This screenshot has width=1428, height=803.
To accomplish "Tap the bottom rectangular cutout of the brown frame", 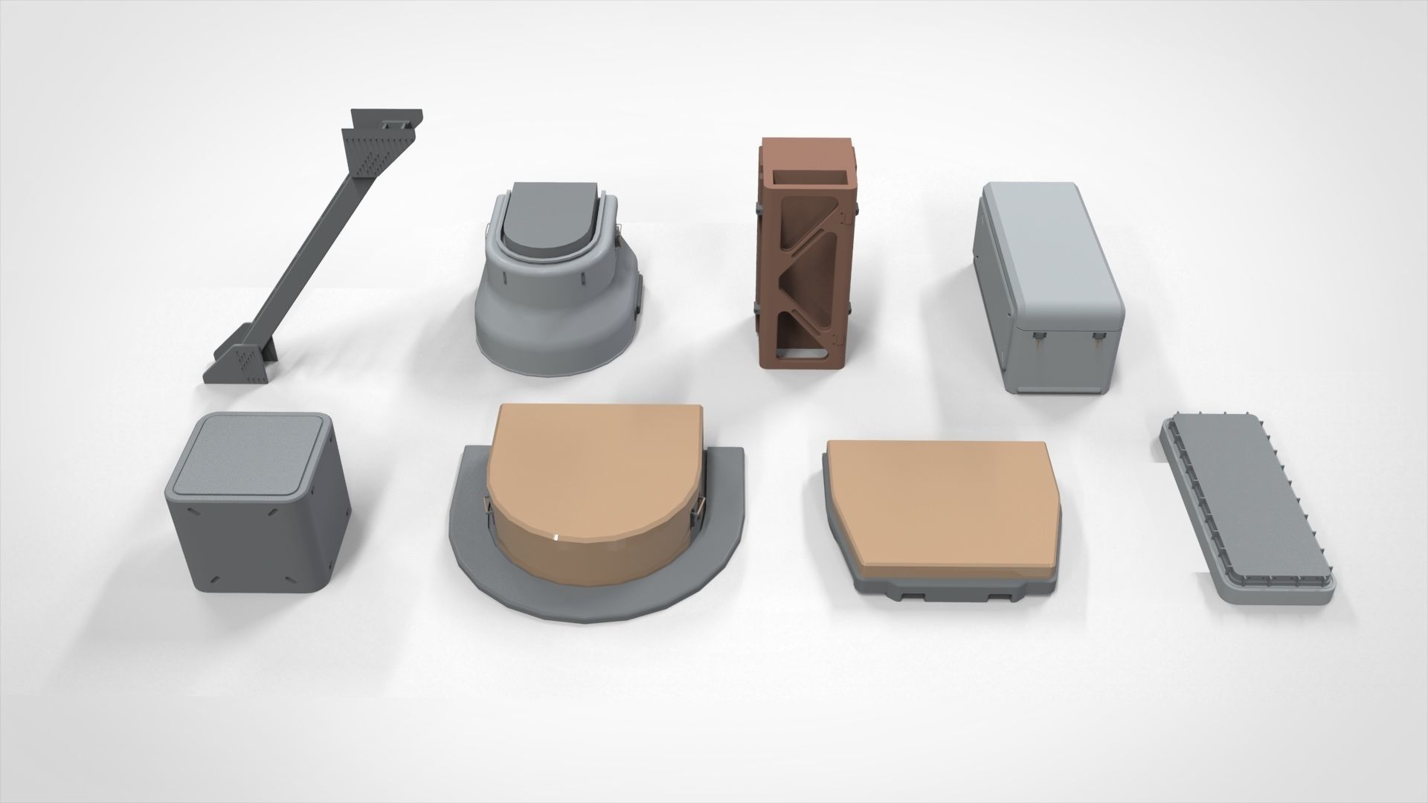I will click(x=800, y=343).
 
